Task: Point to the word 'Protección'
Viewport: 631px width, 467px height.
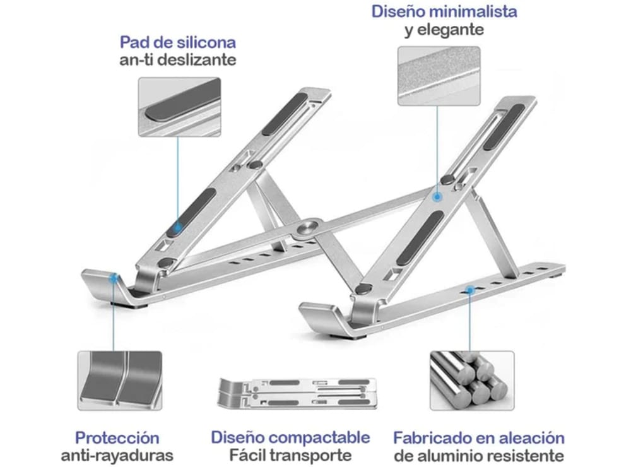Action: (x=117, y=437)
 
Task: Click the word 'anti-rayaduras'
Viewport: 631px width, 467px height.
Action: (x=117, y=455)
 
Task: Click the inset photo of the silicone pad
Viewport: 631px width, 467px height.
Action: (x=179, y=107)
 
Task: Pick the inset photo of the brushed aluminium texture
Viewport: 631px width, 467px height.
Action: (x=439, y=76)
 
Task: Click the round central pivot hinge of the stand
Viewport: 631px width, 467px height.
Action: (x=310, y=228)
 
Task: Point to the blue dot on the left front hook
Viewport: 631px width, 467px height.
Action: (x=114, y=276)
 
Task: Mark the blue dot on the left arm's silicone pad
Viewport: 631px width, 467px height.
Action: (x=178, y=226)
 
